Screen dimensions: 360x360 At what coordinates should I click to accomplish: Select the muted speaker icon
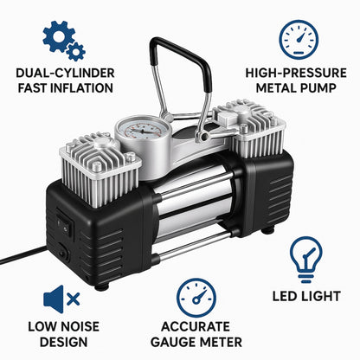[61, 300]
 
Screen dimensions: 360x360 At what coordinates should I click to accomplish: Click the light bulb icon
[306, 259]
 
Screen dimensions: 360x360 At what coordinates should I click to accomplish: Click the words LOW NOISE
[62, 326]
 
